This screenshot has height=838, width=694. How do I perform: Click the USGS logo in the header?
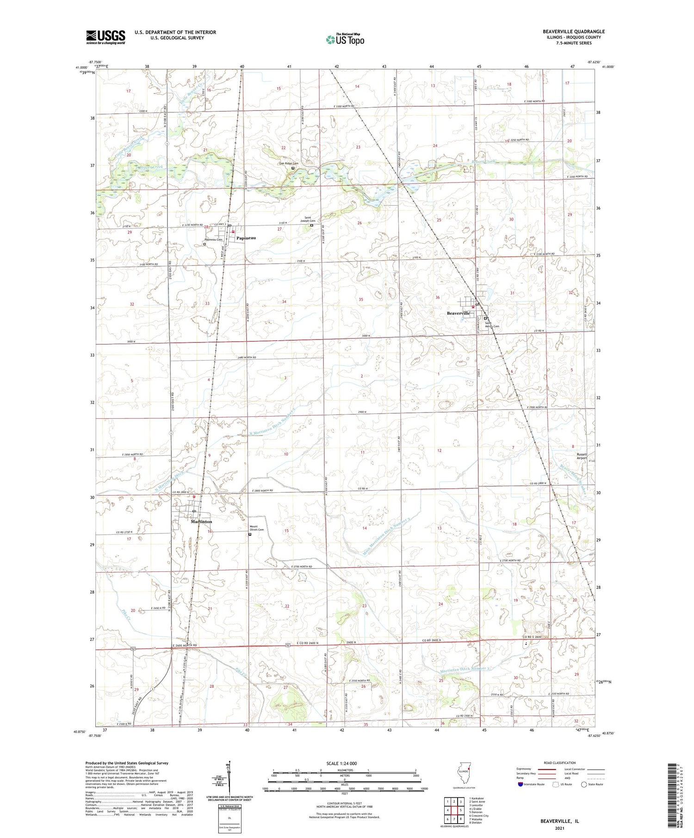click(x=105, y=37)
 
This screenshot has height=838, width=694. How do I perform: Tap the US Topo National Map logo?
click(x=345, y=39)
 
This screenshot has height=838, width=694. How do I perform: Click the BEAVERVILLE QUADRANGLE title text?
click(x=574, y=31)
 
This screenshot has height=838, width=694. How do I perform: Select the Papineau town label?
click(x=246, y=238)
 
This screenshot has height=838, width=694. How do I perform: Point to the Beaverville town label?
click(x=458, y=313)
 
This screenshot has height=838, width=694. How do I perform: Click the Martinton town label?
click(x=201, y=521)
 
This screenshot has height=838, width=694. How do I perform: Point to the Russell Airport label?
click(x=582, y=456)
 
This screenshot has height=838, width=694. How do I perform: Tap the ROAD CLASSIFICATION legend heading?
click(x=560, y=763)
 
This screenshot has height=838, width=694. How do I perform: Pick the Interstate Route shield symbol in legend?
click(x=520, y=784)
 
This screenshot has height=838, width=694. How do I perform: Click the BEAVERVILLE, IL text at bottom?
click(x=559, y=821)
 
